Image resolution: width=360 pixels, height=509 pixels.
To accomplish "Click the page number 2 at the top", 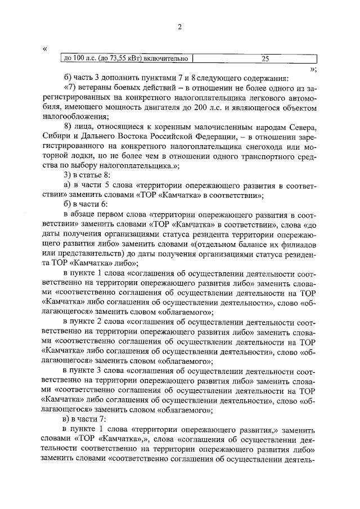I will (x=179, y=28).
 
